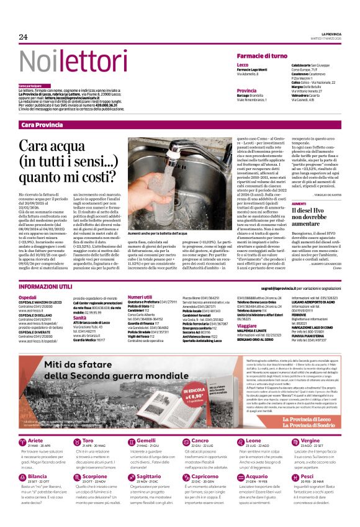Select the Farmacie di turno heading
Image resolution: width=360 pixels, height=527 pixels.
click(263, 55)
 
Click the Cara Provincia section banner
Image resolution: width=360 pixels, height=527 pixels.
click(42, 125)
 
